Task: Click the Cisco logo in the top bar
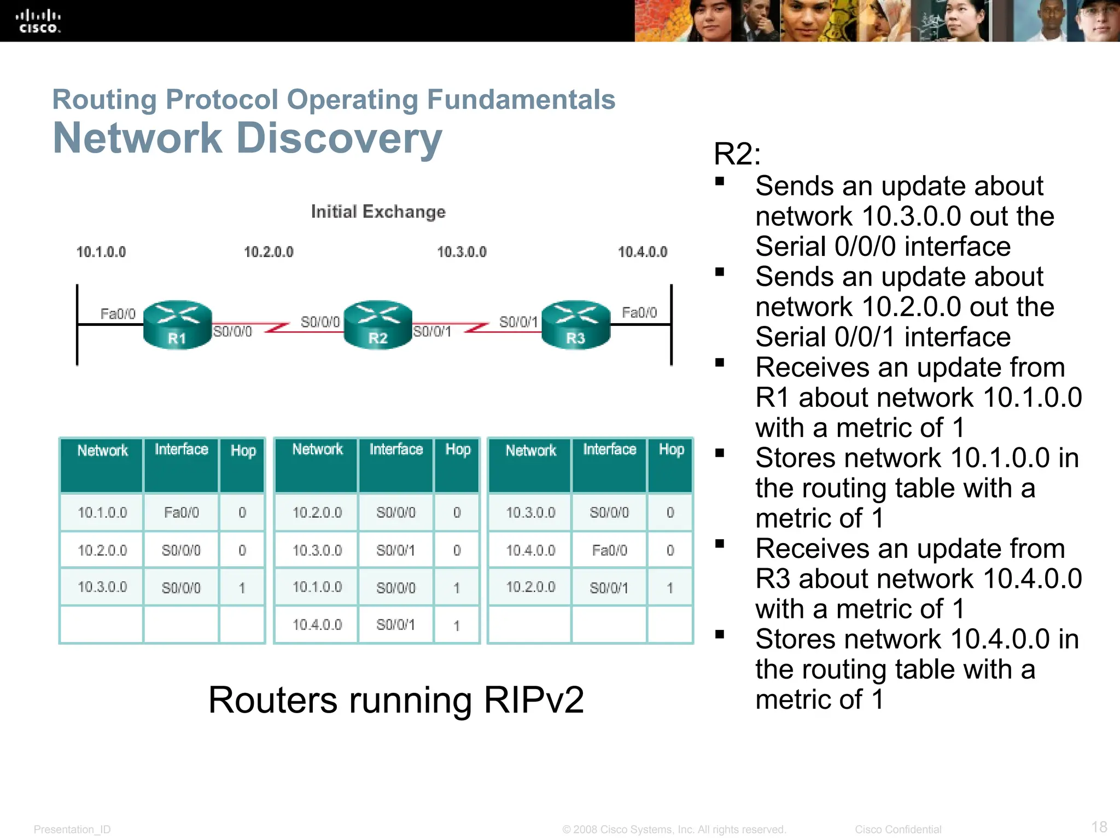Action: [x=38, y=21]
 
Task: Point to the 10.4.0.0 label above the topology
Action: [x=642, y=252]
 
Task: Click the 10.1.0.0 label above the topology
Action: [x=101, y=252]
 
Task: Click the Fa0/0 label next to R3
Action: [x=639, y=312]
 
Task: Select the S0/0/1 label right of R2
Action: [x=431, y=331]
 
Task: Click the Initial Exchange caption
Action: [x=378, y=212]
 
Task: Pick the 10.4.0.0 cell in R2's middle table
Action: [x=317, y=625]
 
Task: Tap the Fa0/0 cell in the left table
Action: [x=181, y=512]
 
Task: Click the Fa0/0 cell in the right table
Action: [x=609, y=550]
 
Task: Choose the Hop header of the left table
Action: [x=243, y=451]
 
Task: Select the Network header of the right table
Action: [x=530, y=451]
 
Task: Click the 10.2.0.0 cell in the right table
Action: [x=530, y=587]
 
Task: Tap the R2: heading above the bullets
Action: [x=737, y=154]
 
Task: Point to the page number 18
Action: [x=1099, y=826]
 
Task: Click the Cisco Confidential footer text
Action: [x=898, y=830]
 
